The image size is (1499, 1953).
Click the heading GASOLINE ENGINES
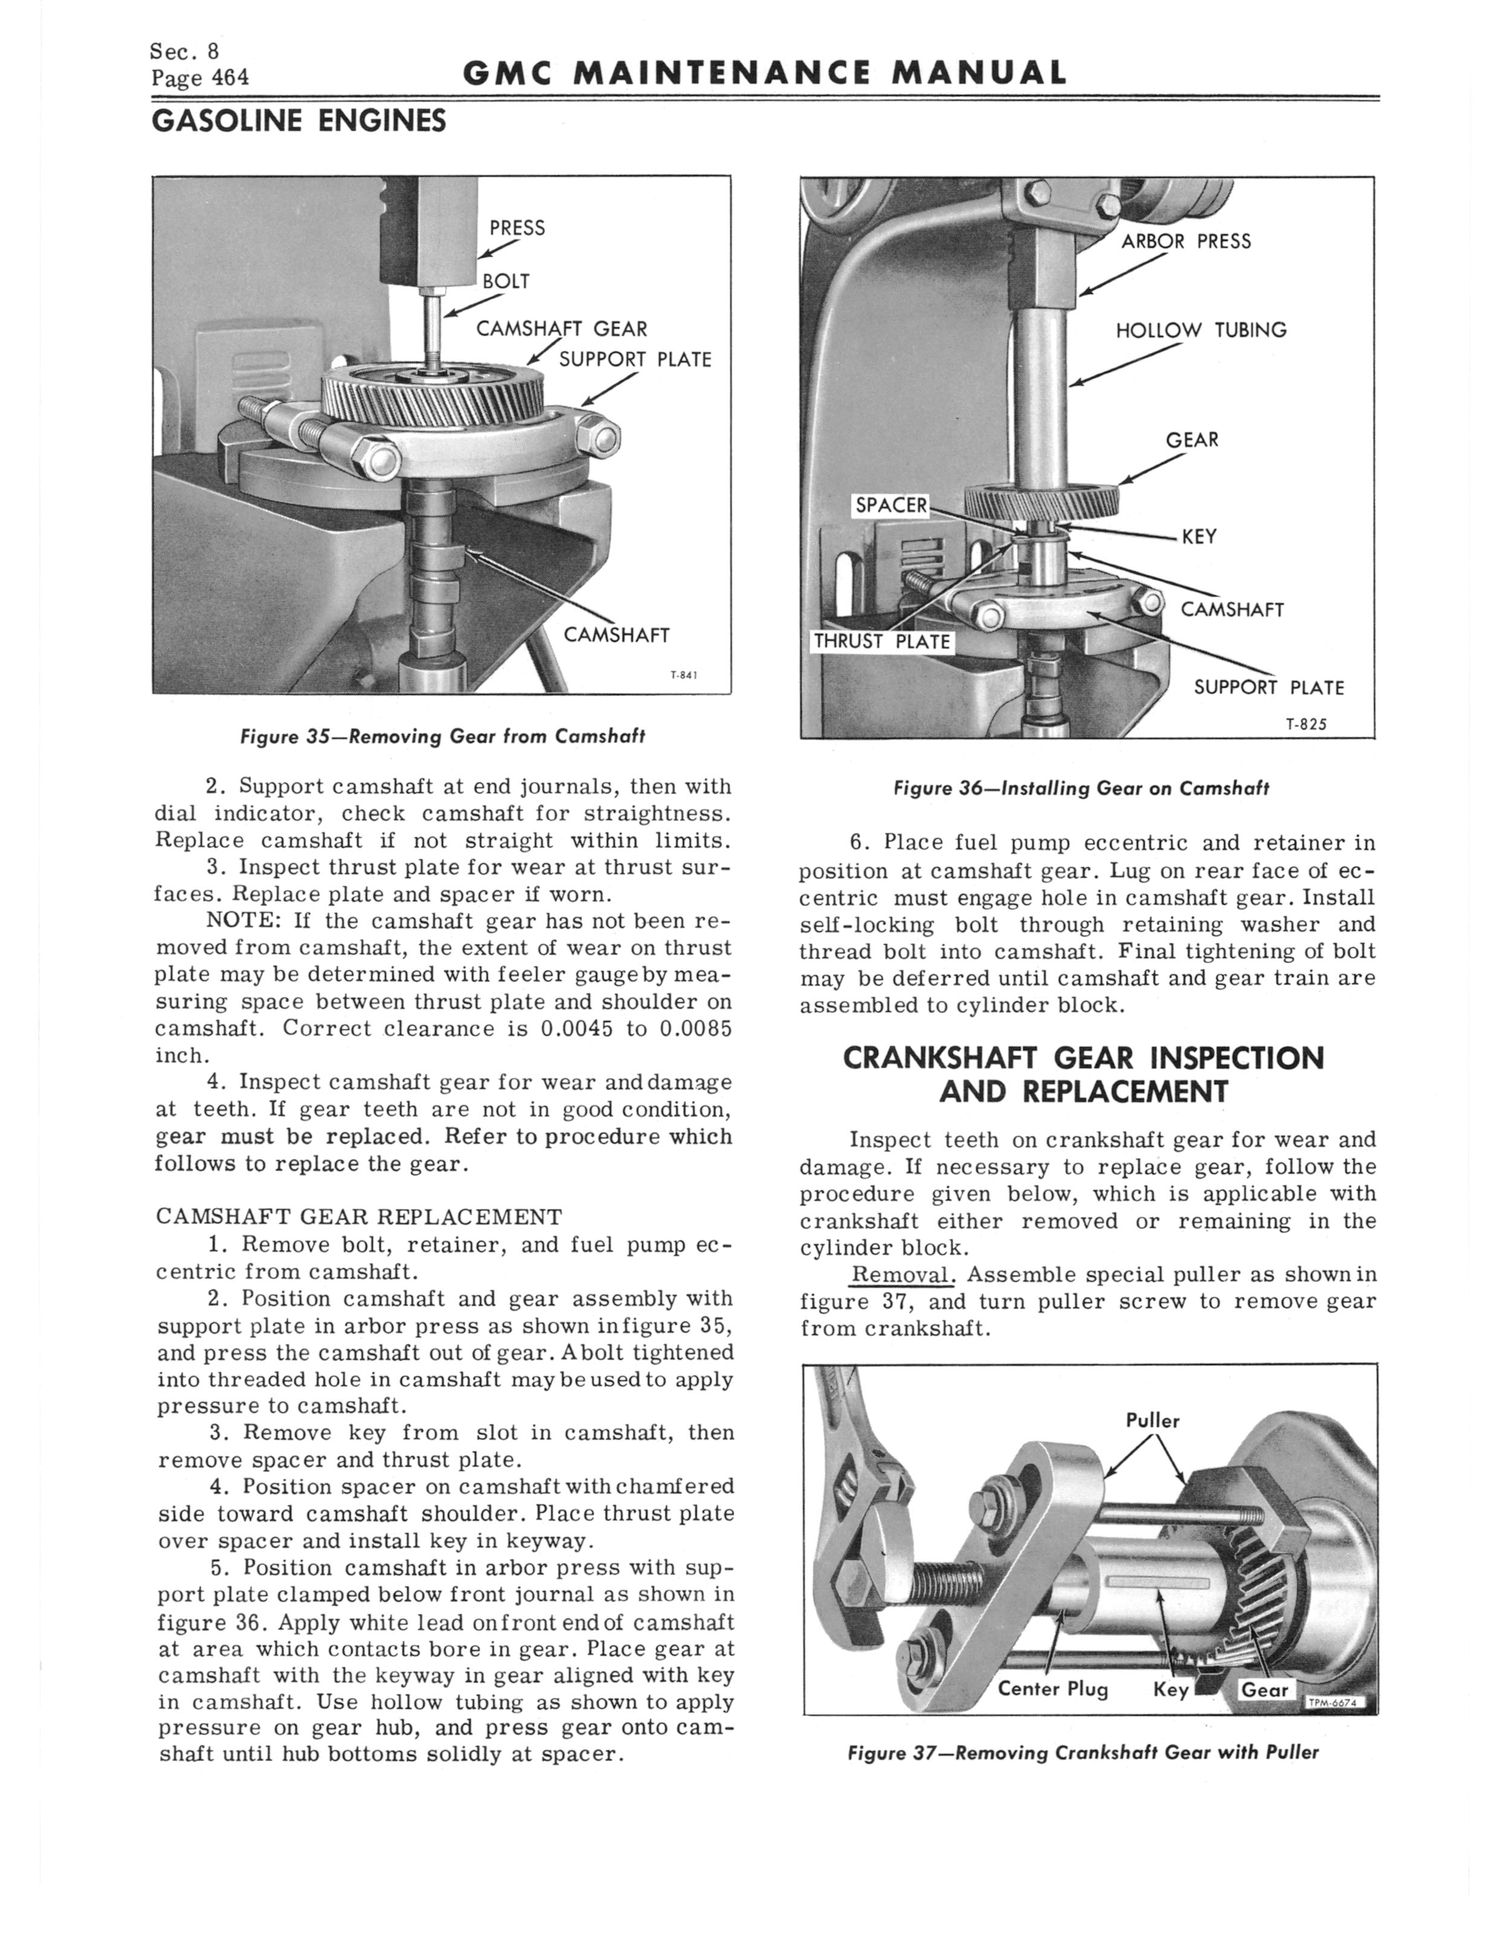pyautogui.click(x=299, y=120)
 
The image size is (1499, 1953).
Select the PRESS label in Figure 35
pyautogui.click(x=517, y=227)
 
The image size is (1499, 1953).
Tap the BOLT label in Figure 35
pyautogui.click(x=506, y=281)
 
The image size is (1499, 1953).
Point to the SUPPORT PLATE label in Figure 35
pyautogui.click(x=635, y=360)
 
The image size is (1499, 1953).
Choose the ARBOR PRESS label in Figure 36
pyautogui.click(x=1186, y=241)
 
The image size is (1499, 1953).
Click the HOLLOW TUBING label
pyautogui.click(x=1201, y=330)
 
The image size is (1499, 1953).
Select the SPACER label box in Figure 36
pyautogui.click(x=892, y=505)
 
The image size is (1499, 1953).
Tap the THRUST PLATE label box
pyautogui.click(x=881, y=641)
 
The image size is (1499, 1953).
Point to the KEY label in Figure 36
pyautogui.click(x=1199, y=536)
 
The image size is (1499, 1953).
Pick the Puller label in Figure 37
pyautogui.click(x=1153, y=1420)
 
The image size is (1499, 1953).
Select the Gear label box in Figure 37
pyautogui.click(x=1265, y=1690)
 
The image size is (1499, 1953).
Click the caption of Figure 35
pyautogui.click(x=442, y=737)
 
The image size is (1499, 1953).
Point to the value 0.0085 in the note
pyautogui.click(x=695, y=1028)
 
